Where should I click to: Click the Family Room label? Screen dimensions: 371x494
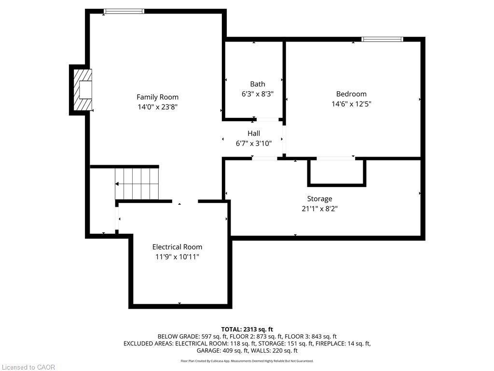[157, 97]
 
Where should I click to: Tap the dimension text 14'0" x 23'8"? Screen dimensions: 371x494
[157, 107]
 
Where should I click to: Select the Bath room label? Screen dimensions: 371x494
[257, 84]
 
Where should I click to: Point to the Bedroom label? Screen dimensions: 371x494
[351, 94]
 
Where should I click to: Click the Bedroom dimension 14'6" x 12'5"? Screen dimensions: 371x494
[351, 104]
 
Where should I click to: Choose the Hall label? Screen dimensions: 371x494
[254, 133]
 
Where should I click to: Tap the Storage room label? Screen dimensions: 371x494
[319, 199]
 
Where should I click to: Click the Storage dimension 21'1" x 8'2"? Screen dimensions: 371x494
[319, 209]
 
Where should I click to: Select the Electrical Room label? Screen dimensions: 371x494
[177, 247]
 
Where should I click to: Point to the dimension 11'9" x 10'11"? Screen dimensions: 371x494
[177, 257]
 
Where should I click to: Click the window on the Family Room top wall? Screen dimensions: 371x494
[124, 11]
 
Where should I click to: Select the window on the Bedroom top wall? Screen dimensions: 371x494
[382, 39]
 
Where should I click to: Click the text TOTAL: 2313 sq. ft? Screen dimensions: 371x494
[247, 329]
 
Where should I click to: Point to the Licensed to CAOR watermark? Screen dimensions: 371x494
[28, 367]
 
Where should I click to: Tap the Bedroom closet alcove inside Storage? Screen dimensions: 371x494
[336, 171]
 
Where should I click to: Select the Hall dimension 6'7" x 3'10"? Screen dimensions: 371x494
[254, 143]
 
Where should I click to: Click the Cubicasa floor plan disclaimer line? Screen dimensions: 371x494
[247, 361]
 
